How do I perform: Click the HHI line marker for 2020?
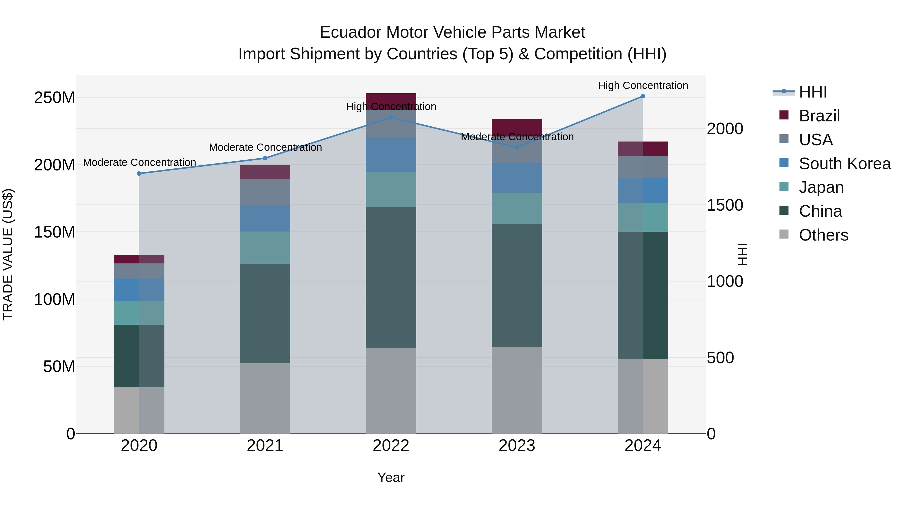click(139, 173)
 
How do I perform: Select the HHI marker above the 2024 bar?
click(643, 96)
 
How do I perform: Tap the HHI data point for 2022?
click(391, 118)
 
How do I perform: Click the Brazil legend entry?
click(819, 116)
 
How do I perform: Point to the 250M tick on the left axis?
click(55, 98)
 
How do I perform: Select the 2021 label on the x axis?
click(265, 446)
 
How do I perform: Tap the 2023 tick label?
click(517, 446)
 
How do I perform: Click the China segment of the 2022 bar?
click(391, 277)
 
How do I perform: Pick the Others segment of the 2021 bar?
click(265, 398)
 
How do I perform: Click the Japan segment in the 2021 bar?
click(265, 248)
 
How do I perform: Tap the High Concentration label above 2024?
click(643, 86)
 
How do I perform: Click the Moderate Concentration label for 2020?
click(140, 163)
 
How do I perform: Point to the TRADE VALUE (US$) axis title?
click(8, 255)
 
